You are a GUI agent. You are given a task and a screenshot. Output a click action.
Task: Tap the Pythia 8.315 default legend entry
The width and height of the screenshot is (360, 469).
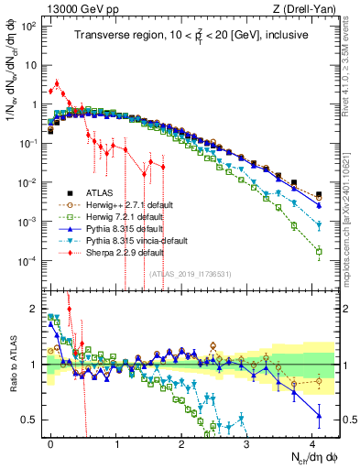pos(111,228)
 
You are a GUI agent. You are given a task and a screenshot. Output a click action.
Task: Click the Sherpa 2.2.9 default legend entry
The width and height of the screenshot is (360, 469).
pos(111,251)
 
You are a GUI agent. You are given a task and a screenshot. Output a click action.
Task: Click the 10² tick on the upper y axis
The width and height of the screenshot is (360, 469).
pos(27,26)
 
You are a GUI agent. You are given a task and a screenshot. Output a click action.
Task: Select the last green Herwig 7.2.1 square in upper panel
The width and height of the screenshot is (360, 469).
pos(318,250)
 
